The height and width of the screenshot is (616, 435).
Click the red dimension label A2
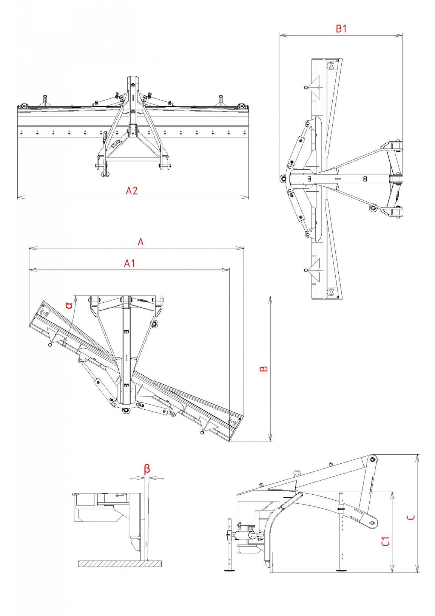[x=131, y=190]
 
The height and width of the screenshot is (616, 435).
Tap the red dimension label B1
[x=341, y=29]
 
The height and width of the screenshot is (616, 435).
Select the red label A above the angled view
[x=140, y=242]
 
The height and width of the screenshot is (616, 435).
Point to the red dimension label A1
[x=130, y=263]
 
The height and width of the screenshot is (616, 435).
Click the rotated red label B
[x=264, y=368]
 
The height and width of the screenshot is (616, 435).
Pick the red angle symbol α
[x=69, y=305]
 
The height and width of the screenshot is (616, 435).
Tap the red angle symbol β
[x=147, y=469]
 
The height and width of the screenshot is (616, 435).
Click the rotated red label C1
[x=386, y=541]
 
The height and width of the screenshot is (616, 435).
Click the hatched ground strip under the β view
[x=120, y=563]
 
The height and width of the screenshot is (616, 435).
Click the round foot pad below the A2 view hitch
[x=105, y=174]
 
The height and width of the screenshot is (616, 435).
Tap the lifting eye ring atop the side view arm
[x=297, y=473]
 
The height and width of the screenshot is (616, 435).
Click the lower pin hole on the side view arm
[x=372, y=523]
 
